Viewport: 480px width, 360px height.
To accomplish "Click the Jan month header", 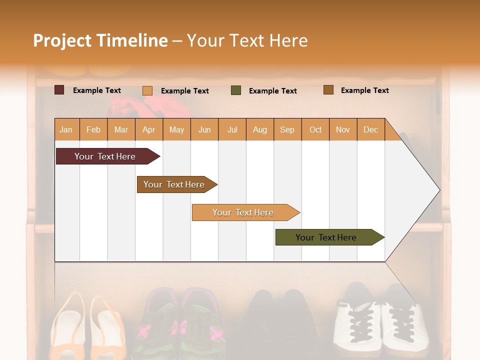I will click(x=66, y=129).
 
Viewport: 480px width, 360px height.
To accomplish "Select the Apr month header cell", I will click(x=149, y=129).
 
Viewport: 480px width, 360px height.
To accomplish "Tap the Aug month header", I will click(x=259, y=129).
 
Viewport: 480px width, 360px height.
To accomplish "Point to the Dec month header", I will click(x=370, y=129).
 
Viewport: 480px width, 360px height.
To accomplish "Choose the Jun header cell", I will click(x=204, y=129).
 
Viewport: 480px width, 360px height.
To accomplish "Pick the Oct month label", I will click(x=315, y=129).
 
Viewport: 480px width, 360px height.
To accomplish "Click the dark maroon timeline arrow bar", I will click(x=105, y=156).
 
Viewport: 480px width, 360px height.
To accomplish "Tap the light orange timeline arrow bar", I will click(x=243, y=212).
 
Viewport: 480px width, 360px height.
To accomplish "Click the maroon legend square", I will click(x=59, y=90).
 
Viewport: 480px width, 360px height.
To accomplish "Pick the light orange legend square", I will click(x=147, y=90).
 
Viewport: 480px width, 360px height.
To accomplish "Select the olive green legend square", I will click(x=236, y=90).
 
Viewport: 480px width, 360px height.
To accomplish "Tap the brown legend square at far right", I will click(x=328, y=90).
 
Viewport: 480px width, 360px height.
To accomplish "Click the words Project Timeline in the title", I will click(x=100, y=40).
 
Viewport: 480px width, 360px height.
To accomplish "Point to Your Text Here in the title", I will click(x=247, y=40).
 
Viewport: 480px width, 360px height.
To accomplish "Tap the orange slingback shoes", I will click(x=87, y=325).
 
